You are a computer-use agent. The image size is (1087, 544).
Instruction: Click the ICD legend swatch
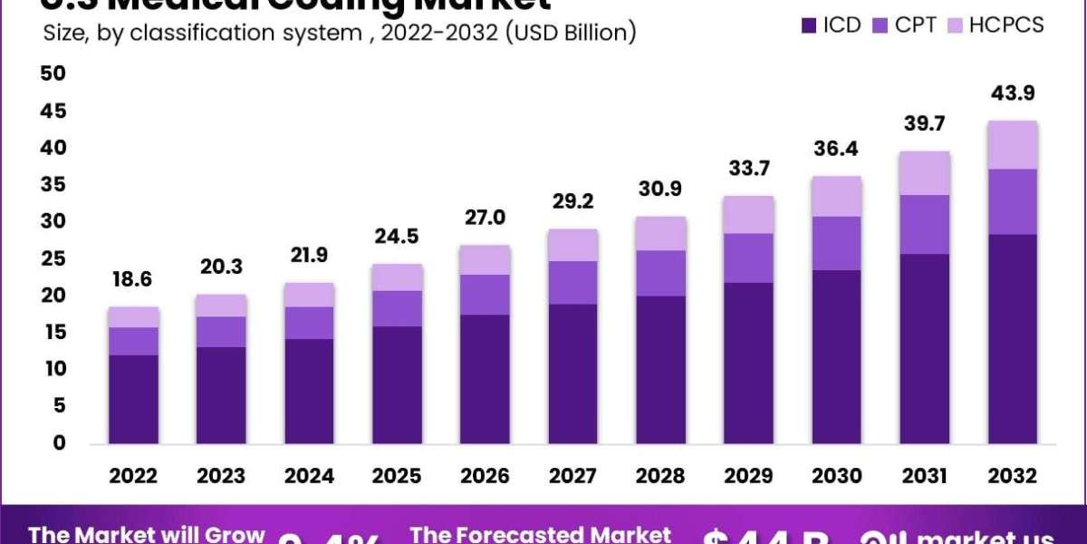click(809, 25)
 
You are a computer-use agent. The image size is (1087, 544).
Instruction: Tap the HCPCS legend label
click(1005, 25)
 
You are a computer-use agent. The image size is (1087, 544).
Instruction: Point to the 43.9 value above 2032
click(1013, 93)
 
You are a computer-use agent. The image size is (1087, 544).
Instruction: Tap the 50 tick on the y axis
click(53, 73)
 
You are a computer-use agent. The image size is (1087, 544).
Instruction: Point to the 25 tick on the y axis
click(53, 258)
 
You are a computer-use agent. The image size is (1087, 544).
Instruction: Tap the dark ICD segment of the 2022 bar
click(132, 399)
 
